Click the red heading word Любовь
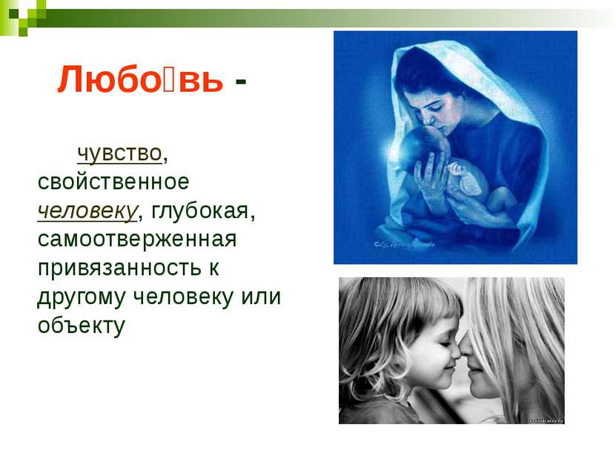tap(140, 80)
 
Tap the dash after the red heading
tap(240, 82)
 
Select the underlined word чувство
tap(119, 153)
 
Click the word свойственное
tap(113, 182)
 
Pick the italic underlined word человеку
tap(87, 211)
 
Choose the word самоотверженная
tap(137, 240)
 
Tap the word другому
tap(82, 297)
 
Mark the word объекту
tap(82, 326)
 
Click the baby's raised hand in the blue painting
tap(459, 170)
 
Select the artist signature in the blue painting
tap(404, 245)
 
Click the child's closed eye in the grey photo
tap(445, 343)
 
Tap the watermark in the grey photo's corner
tap(546, 420)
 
